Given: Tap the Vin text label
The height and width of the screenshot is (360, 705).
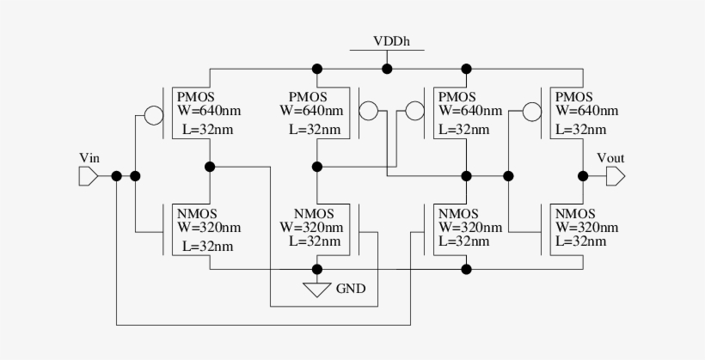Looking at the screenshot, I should click(89, 157).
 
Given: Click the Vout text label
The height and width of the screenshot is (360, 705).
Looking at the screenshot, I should click(610, 157).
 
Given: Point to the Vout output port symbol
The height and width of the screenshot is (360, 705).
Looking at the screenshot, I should click(615, 176).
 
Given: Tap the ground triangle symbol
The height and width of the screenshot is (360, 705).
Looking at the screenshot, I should click(317, 290).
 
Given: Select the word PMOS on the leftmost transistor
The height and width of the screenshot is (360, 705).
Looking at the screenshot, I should click(194, 95).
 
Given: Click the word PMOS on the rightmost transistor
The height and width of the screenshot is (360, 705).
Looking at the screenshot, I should click(574, 95).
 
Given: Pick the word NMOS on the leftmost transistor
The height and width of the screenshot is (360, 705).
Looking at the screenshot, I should click(197, 214).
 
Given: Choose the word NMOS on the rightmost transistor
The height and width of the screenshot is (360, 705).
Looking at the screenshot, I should click(576, 214).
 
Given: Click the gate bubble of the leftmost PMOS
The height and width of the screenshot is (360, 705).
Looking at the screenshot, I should click(153, 114).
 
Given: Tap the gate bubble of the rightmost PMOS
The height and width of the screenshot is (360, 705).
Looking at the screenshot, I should click(532, 112).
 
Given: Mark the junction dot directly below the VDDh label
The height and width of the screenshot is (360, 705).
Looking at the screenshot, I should click(388, 69).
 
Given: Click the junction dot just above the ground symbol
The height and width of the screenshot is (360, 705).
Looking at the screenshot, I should click(317, 269).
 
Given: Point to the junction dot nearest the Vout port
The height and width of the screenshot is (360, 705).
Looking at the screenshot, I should click(583, 176).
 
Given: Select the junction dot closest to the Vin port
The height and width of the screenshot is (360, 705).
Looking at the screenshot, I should click(116, 176).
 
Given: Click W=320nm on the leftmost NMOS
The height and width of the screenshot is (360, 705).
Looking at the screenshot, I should click(209, 228).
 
